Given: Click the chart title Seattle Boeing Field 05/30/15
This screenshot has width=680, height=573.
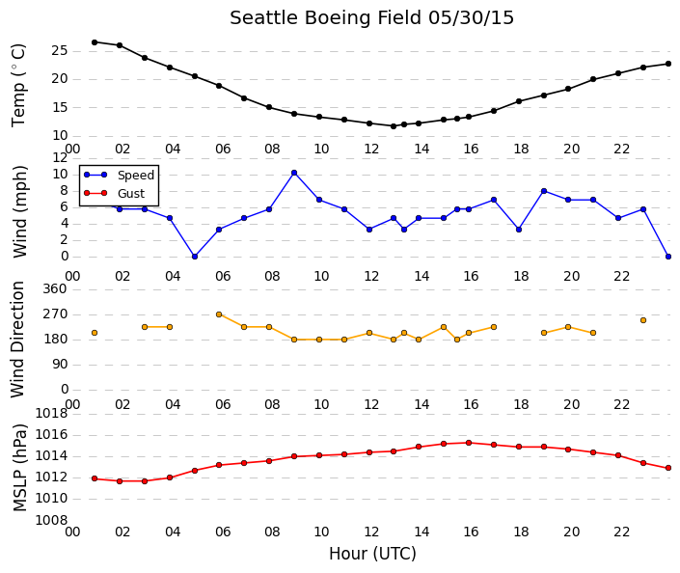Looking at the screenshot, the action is click(371, 18).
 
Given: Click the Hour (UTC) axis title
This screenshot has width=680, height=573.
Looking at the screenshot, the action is click(372, 554).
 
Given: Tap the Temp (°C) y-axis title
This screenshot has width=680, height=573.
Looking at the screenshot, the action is click(18, 86).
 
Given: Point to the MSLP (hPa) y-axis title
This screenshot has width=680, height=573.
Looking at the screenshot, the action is click(20, 468).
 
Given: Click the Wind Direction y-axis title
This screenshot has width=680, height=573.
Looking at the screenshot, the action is click(17, 340).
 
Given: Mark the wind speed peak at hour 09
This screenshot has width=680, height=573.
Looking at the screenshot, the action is click(294, 173).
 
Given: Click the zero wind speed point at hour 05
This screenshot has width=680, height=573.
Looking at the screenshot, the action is click(195, 257).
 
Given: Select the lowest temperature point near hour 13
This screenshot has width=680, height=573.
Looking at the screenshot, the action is click(394, 126).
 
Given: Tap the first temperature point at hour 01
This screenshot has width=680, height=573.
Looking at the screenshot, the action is click(95, 42).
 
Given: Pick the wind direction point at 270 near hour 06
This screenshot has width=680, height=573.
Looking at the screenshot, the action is click(219, 314).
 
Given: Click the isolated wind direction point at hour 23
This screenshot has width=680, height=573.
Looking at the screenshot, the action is click(643, 320).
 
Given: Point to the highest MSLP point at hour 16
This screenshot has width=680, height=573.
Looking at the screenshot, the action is click(469, 443).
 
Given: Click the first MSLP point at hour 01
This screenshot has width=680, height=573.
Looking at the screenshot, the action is click(95, 478).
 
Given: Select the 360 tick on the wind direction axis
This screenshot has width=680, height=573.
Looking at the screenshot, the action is click(55, 288).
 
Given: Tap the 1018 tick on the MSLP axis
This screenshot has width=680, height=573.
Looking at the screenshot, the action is click(52, 414).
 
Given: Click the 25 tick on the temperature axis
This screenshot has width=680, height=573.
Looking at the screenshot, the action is click(60, 51).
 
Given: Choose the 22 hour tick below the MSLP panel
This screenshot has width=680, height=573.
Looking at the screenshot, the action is click(621, 532).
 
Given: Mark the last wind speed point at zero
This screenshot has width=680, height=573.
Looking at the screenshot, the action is click(668, 257).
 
